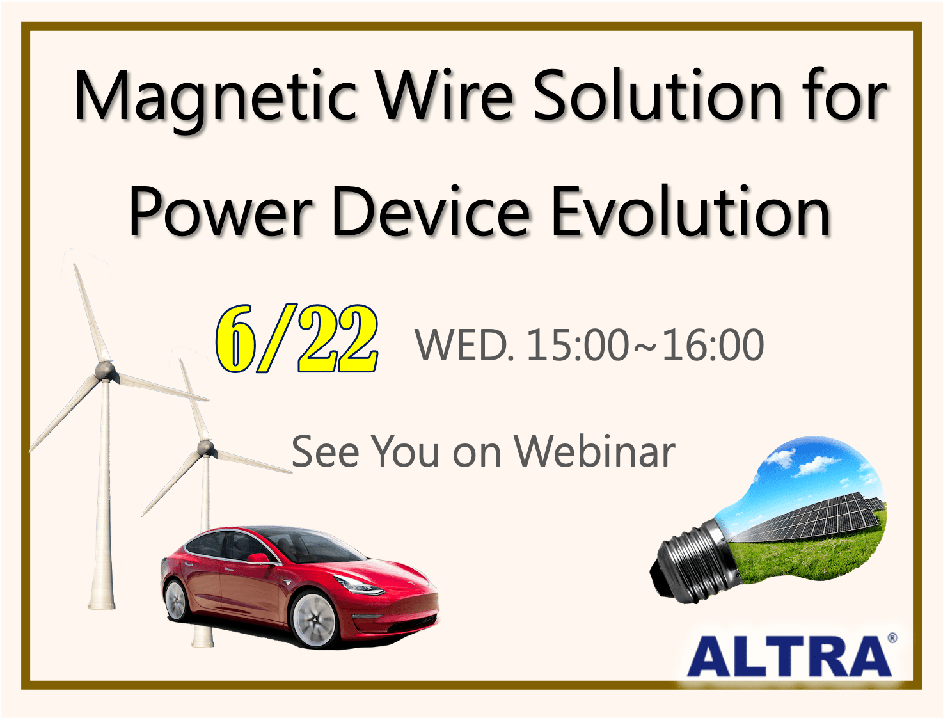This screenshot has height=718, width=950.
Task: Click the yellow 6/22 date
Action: tap(297, 339)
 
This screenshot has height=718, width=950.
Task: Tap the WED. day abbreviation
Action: tap(464, 345)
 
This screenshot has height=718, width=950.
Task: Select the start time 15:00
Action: tap(578, 345)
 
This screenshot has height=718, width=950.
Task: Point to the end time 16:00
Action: tap(713, 345)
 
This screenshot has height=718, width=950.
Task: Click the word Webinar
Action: tap(595, 451)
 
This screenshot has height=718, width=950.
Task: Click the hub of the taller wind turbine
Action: tap(105, 371)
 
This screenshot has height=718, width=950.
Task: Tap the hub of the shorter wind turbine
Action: tap(205, 447)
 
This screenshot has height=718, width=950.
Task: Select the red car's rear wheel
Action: tap(177, 600)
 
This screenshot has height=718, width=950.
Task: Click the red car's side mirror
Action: tap(258, 557)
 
